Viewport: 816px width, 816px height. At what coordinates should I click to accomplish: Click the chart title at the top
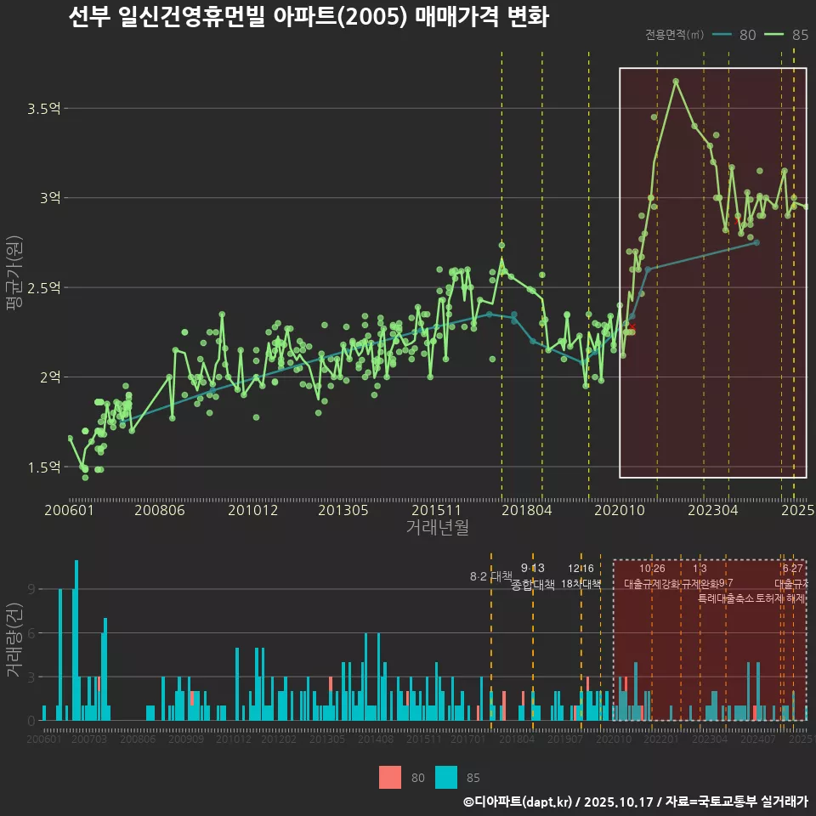[x=308, y=17]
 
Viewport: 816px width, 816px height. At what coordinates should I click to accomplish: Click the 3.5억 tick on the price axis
[x=43, y=109]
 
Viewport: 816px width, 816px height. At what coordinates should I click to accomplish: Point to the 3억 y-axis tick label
[x=48, y=198]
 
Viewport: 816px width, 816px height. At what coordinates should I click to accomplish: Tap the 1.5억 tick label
[x=43, y=467]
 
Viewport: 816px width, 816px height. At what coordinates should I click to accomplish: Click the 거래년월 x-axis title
[x=437, y=528]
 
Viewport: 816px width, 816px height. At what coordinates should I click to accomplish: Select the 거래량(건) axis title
[x=14, y=640]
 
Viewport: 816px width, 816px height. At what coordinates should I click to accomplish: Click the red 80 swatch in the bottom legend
[x=390, y=777]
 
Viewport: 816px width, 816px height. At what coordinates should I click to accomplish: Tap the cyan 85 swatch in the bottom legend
[x=445, y=777]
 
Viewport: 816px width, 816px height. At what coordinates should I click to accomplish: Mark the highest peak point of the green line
[x=676, y=82]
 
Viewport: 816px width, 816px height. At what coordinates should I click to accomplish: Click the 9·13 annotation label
[x=533, y=569]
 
